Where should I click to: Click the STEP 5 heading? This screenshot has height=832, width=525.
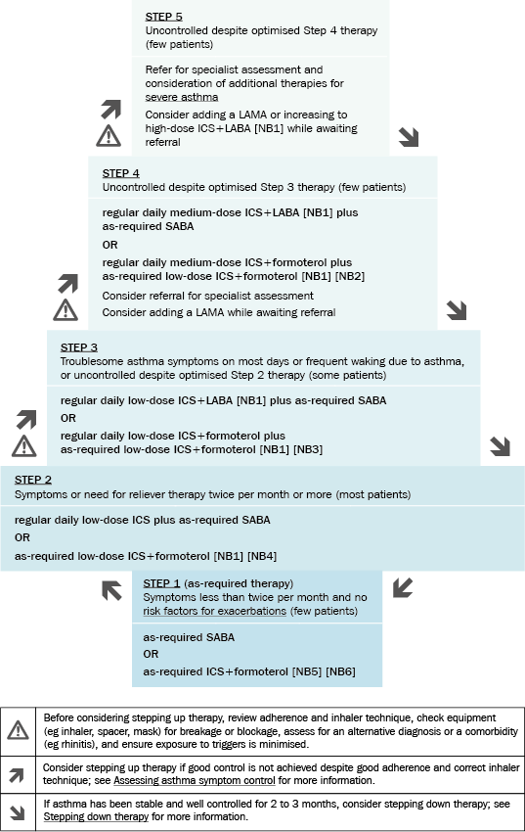point(163,17)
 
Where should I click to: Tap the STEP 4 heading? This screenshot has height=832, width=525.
point(121,173)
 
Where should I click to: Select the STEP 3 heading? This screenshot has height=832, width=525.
point(79,347)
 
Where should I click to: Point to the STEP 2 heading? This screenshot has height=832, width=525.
point(33,480)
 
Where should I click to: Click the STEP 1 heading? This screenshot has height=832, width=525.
point(161,583)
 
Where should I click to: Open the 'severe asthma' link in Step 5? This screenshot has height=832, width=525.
point(182,97)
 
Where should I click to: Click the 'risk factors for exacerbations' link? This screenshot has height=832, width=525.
point(214,611)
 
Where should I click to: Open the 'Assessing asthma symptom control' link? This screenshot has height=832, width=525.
point(195,780)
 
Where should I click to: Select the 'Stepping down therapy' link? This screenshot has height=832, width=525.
point(96,816)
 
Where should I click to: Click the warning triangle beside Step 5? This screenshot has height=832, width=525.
point(109,136)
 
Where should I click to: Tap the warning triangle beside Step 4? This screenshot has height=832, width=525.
point(66,310)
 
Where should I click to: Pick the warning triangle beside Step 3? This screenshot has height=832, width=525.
point(24,445)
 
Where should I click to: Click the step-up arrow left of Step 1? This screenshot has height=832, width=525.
point(111,590)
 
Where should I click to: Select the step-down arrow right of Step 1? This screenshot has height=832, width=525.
point(403,588)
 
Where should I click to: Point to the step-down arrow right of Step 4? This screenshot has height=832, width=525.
point(457,310)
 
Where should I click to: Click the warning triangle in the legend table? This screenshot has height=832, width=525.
point(18,730)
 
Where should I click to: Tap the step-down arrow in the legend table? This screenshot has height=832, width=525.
point(17,811)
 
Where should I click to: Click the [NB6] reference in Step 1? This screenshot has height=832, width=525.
point(340,671)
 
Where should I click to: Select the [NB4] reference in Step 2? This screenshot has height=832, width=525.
point(262,556)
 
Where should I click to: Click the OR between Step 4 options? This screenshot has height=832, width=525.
point(109,245)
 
